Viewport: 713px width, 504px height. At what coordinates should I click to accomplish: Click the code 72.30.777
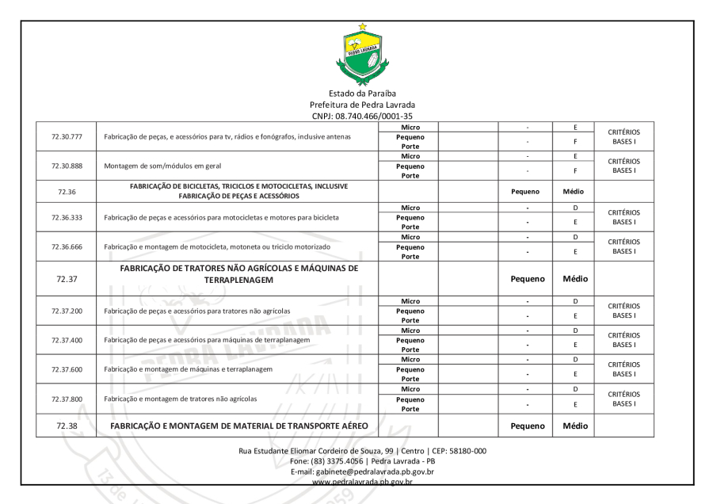pos(67,137)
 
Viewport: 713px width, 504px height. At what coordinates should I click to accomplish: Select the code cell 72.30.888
pos(67,166)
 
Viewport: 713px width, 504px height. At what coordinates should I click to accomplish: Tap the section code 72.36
pos(67,191)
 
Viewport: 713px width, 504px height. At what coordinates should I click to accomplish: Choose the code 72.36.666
pos(67,246)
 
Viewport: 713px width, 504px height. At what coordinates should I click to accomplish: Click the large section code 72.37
pos(67,278)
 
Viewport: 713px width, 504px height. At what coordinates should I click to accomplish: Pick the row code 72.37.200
pos(67,310)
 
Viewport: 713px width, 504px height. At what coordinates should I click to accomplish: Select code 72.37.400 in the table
pos(67,339)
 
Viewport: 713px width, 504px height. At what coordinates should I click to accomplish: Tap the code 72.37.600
pos(67,369)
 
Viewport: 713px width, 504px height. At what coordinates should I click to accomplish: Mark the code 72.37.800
pos(67,399)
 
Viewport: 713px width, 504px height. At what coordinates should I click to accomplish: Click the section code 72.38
pos(67,426)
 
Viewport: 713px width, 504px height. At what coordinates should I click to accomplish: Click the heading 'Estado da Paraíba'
pos(362,94)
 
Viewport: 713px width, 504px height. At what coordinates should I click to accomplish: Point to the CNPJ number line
pos(362,116)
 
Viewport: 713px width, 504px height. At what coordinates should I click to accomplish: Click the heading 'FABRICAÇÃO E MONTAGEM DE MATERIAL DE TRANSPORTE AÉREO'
pos(239,426)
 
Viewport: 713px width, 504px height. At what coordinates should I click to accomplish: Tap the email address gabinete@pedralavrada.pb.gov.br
pos(362,471)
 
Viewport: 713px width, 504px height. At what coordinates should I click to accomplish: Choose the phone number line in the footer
pos(362,460)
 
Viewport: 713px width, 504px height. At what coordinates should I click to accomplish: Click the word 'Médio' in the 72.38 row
pos(574,426)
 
